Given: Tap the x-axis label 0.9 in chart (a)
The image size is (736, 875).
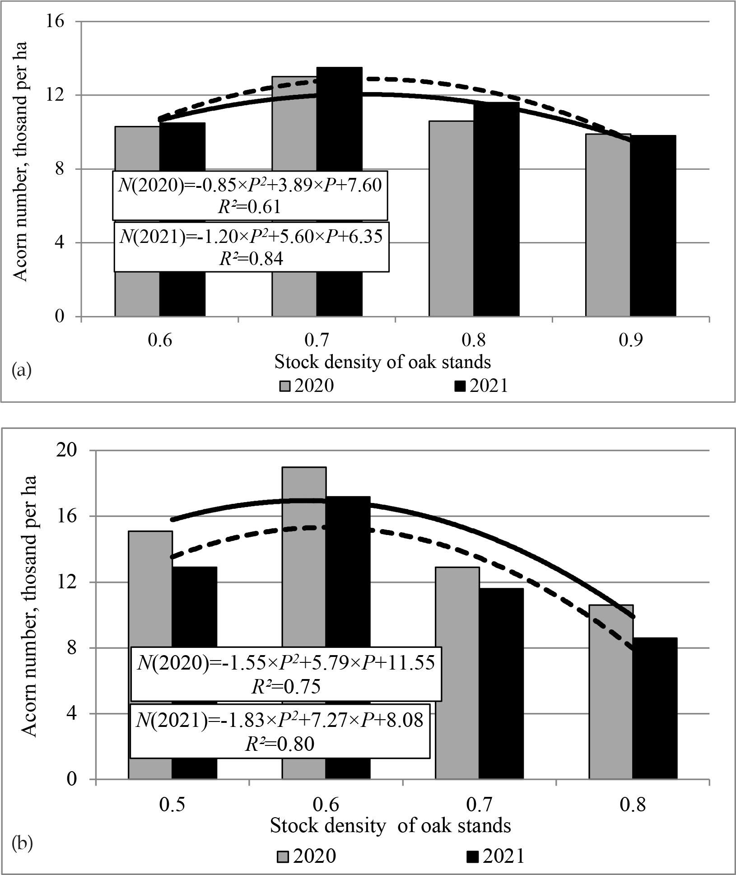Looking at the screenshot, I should (630, 341).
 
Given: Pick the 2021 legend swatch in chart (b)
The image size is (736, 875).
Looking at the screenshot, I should (473, 856).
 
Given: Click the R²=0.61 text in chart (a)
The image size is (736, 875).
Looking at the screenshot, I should (249, 206).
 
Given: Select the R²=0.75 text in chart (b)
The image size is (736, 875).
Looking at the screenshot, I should (285, 687).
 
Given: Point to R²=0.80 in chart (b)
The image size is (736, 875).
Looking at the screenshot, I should (279, 744).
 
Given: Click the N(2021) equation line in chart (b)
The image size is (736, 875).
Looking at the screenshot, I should (280, 721).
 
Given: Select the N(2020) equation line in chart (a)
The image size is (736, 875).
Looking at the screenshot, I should (250, 185).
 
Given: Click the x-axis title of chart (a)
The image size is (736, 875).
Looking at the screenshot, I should (382, 362).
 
